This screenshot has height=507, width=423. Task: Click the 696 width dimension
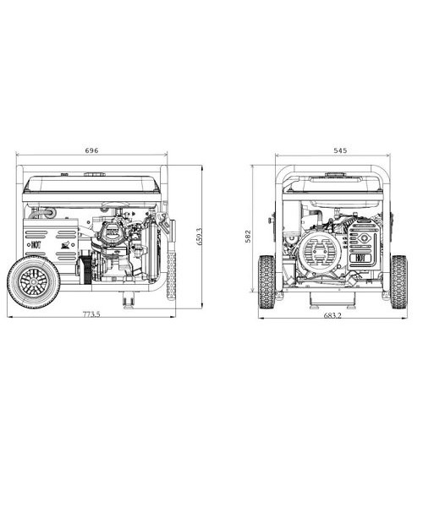pyautogui.click(x=91, y=150)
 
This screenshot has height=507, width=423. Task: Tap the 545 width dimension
pyautogui.click(x=340, y=150)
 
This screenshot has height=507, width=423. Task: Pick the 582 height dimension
pyautogui.click(x=248, y=237)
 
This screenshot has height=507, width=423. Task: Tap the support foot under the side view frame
pyautogui.click(x=129, y=297)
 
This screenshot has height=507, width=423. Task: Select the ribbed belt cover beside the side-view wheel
pyautogui.click(x=83, y=270)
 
